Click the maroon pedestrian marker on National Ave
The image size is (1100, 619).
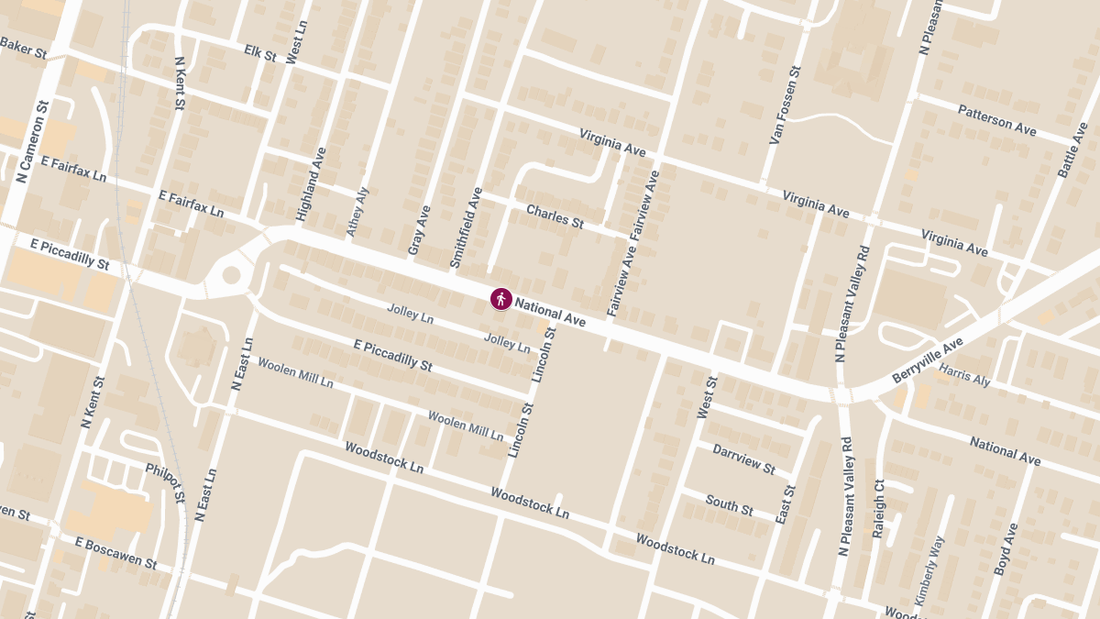pyautogui.click(x=500, y=298)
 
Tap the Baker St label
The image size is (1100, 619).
pyautogui.click(x=23, y=48)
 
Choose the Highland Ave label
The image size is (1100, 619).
pyautogui.click(x=312, y=183)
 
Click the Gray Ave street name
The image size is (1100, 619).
pyautogui.click(x=419, y=230)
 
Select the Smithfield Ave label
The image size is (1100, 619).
pyautogui.click(x=467, y=227)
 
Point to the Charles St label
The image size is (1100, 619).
pyautogui.click(x=555, y=216)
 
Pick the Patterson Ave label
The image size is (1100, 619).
pyautogui.click(x=996, y=120)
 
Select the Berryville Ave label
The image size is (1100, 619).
pyautogui.click(x=928, y=360)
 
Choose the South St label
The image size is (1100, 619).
pyautogui.click(x=730, y=504)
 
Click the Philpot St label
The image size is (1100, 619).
pyautogui.click(x=165, y=482)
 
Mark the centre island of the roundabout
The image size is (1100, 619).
pyautogui.click(x=231, y=274)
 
